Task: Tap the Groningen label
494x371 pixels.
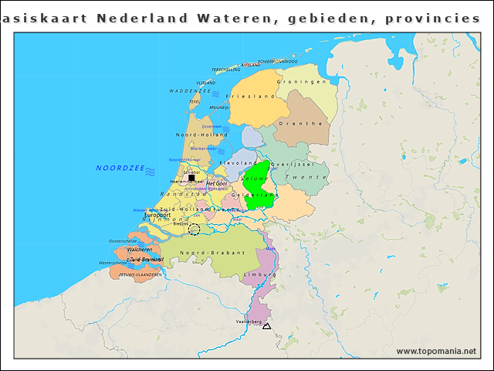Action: tap(303, 81)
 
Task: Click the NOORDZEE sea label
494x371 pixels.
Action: tap(120, 168)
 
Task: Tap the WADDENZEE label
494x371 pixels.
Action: tap(190, 91)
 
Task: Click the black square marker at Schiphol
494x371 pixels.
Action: tap(191, 179)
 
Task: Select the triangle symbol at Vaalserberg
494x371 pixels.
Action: tap(266, 327)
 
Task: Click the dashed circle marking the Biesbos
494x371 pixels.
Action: tap(194, 229)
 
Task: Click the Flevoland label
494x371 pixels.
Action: tap(239, 164)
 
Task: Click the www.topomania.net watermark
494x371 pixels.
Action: tap(436, 352)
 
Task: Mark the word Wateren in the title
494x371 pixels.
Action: tap(228, 18)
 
